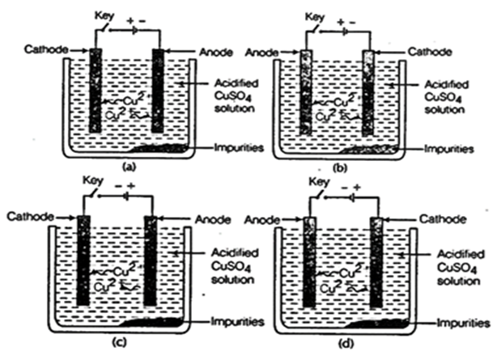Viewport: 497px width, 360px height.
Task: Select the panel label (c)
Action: pyautogui.click(x=122, y=341)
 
